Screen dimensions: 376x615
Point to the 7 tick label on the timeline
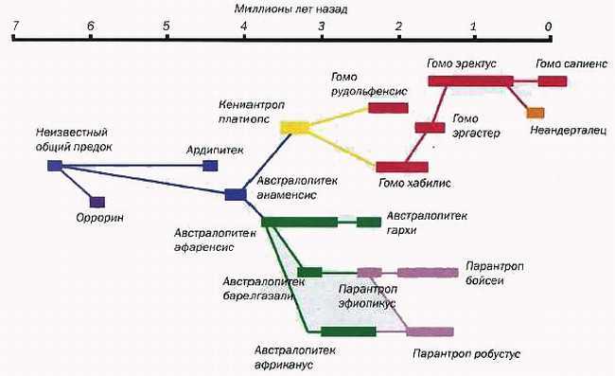tap(13, 26)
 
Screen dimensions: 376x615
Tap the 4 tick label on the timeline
tap(244, 26)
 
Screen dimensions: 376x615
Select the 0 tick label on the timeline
tap(549, 26)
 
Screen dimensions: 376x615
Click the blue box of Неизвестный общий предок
tap(54, 166)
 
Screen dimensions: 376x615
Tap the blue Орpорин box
tap(97, 201)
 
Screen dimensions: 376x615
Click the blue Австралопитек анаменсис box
tap(236, 194)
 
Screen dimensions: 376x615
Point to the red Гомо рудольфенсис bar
tap(388, 108)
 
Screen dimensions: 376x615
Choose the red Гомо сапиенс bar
tap(552, 81)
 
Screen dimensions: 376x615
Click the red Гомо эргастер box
tap(430, 128)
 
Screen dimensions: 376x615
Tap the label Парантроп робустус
tap(456, 353)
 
